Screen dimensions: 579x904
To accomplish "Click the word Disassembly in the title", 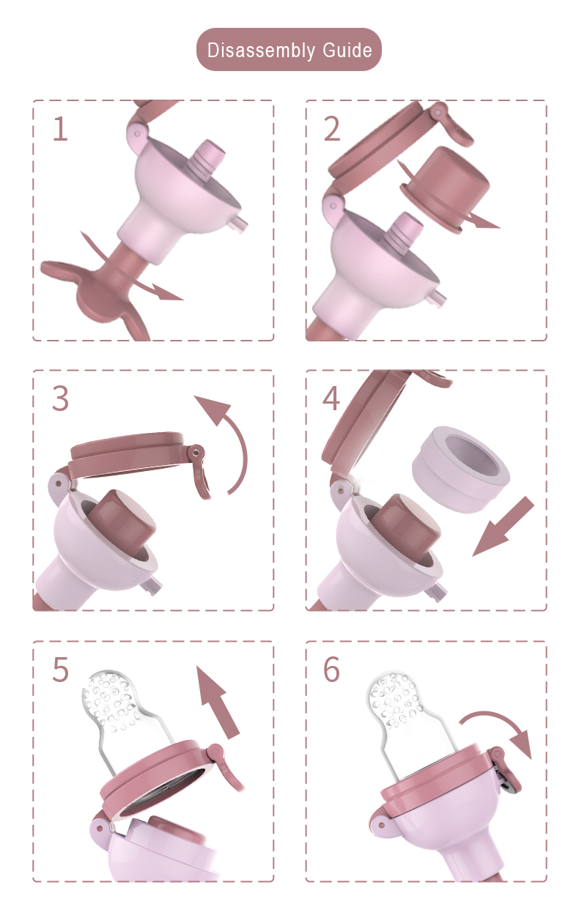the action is pos(261,51).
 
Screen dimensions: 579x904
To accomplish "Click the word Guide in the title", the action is pos(347,50).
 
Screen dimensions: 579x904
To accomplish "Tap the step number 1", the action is pos(61,129).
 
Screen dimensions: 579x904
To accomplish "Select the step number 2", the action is pos(332,129).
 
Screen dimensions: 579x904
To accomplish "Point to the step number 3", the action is pos(61,399).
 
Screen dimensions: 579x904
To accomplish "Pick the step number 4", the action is pos(331,399).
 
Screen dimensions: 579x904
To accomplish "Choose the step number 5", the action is pos(61,669).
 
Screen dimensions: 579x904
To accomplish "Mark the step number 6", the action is pos(331,669).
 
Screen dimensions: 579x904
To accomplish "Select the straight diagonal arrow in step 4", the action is pos(504,526).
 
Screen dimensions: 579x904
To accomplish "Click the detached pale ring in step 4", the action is pos(461,469).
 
